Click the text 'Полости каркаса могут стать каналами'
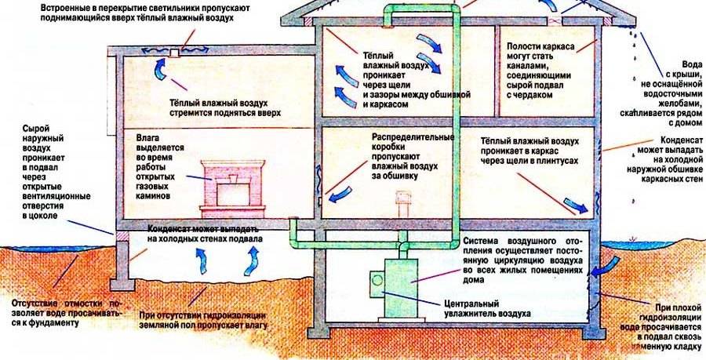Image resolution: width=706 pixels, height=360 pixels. (540, 70)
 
